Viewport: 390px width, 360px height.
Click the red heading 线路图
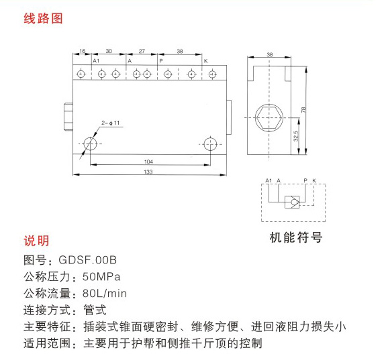43,19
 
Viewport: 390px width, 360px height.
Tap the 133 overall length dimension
148,172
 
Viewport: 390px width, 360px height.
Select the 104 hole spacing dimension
148,162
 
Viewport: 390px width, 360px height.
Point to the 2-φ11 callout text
111,123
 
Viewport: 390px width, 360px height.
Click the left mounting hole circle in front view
90,144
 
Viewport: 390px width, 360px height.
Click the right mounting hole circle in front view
210,144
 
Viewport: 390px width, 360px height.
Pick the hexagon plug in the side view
269,118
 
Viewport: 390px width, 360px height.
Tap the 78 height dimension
303,110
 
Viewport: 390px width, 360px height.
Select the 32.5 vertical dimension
296,136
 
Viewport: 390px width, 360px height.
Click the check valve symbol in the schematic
292,202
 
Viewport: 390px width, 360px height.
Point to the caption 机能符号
296,237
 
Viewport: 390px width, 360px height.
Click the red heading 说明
36,241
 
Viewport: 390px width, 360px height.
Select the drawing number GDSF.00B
87,260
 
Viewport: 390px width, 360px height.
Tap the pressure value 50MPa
101,277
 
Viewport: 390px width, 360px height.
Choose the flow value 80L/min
105,294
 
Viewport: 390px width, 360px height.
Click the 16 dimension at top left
83,51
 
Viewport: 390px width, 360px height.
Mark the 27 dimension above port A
142,51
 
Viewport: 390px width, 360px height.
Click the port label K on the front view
205,61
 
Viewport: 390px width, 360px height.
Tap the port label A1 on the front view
96,61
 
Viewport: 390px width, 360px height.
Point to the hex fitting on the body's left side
68,117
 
